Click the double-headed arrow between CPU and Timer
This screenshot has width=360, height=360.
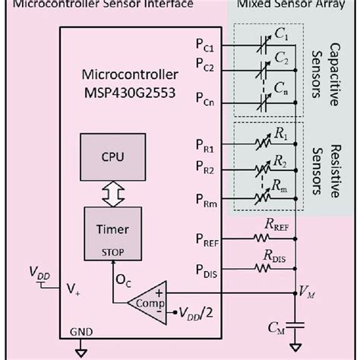(x=112, y=195)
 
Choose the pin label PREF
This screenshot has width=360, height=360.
(x=206, y=242)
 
